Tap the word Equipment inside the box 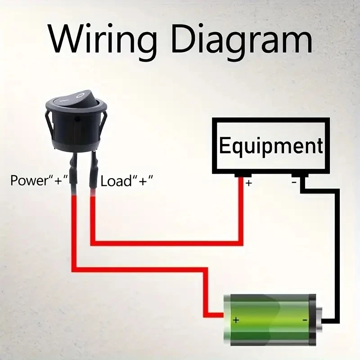pyautogui.click(x=271, y=146)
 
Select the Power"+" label pyautogui.click(x=39, y=181)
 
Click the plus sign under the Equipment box pyautogui.click(x=248, y=183)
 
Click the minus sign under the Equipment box pyautogui.click(x=294, y=182)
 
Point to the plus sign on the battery pyautogui.click(x=235, y=320)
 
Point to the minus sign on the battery pyautogui.click(x=305, y=320)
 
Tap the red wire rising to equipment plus pyautogui.click(x=240, y=216)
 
